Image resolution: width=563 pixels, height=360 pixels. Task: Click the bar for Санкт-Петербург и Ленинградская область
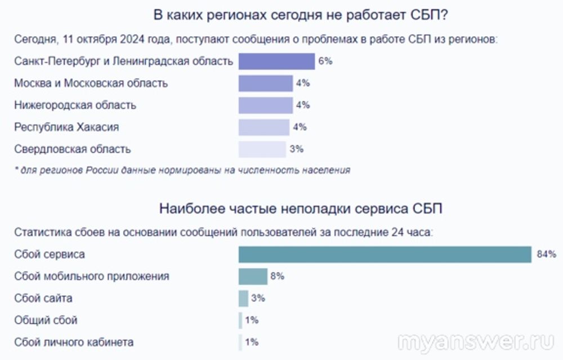[x=276, y=61]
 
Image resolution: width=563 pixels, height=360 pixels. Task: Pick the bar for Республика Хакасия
[x=263, y=127]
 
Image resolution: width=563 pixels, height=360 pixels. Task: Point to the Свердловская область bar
[x=262, y=149]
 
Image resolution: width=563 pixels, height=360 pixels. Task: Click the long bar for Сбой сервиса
[x=385, y=255]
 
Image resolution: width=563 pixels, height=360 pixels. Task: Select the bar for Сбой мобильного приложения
[x=253, y=277]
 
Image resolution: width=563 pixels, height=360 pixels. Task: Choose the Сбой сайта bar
[x=243, y=299]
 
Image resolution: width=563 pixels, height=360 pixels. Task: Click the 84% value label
[x=546, y=255]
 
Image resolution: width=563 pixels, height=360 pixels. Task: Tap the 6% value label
[x=325, y=61]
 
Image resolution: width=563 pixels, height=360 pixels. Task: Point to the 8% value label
[x=278, y=277]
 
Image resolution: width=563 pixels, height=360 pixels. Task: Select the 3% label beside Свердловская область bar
[x=297, y=149]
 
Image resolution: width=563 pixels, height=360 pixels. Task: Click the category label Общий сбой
[x=46, y=321]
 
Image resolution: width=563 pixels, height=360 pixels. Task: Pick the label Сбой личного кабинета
[x=74, y=343]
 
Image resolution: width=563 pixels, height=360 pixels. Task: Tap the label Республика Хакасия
[x=66, y=127]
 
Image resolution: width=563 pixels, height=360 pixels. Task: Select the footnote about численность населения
[x=182, y=170]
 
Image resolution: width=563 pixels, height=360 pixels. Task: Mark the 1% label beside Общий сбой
[x=252, y=321]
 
